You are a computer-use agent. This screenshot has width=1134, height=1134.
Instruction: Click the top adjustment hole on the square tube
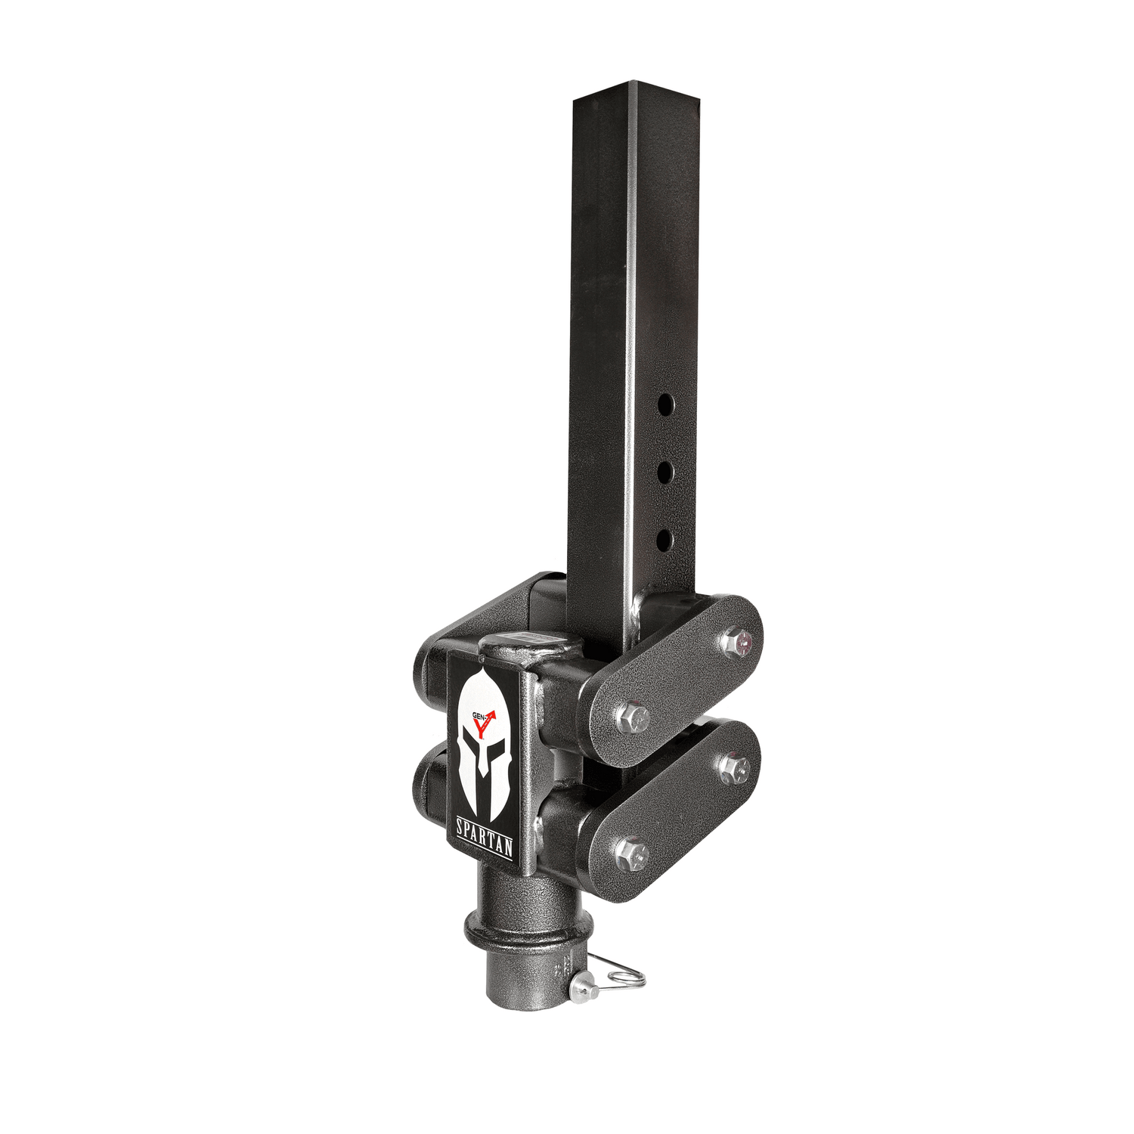click(665, 404)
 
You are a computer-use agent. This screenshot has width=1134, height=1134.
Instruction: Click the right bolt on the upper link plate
click(735, 642)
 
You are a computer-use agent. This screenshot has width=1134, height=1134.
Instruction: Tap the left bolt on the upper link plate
click(632, 717)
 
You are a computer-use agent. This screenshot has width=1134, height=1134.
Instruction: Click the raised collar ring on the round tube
click(514, 928)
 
